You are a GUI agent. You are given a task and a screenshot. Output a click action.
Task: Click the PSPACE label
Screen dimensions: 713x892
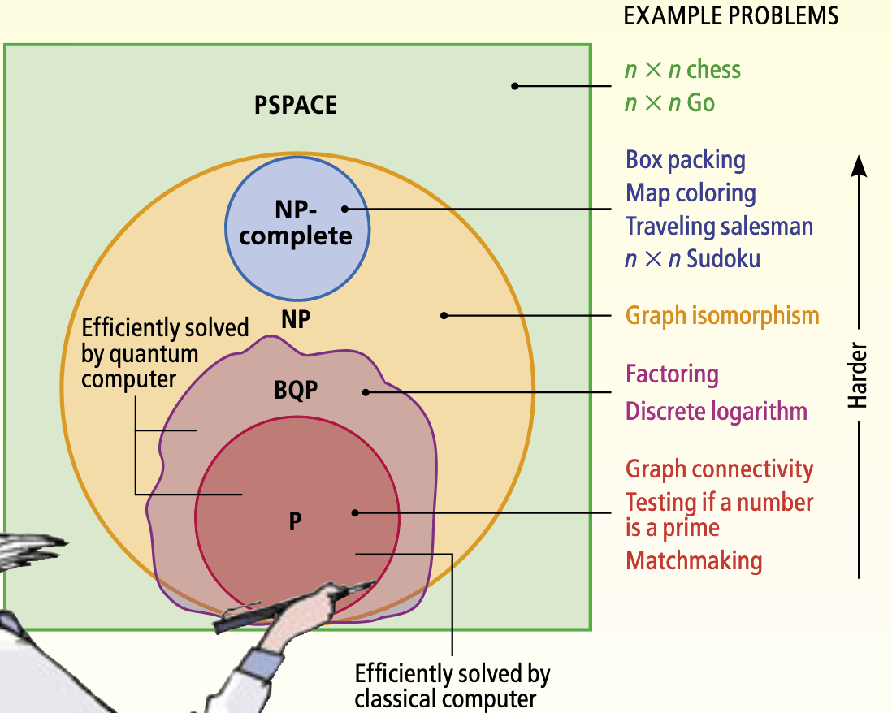[x=295, y=105]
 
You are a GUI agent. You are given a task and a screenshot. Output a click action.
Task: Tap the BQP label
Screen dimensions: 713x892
[x=295, y=391]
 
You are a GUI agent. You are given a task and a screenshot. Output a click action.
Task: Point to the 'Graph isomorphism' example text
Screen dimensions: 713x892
[x=722, y=315]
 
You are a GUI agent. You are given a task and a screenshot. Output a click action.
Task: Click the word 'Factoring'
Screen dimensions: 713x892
[x=672, y=374]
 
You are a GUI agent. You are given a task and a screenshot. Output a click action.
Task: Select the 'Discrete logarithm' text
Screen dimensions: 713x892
[x=716, y=411]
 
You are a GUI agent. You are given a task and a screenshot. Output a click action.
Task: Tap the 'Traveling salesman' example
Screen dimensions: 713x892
[x=719, y=226]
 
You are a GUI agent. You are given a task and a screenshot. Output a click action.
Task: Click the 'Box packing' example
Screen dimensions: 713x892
[x=685, y=160]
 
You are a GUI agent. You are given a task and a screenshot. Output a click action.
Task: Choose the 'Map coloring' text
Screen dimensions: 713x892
[x=691, y=193]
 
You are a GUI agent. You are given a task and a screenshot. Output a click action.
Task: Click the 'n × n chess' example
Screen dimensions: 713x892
[x=682, y=70]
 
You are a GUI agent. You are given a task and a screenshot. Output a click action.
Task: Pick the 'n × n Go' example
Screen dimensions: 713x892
[x=669, y=103]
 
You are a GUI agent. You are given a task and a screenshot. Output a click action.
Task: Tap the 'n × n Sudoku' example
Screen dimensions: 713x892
[x=693, y=259]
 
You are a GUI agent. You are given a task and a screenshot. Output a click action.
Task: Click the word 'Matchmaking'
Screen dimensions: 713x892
[x=694, y=560]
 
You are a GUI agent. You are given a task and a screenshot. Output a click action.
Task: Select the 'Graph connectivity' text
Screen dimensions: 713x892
[x=719, y=469]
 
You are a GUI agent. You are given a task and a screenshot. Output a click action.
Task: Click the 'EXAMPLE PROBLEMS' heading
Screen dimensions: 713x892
[x=731, y=16]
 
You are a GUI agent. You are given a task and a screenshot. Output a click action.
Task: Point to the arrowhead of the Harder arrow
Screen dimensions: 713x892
[x=860, y=166]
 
